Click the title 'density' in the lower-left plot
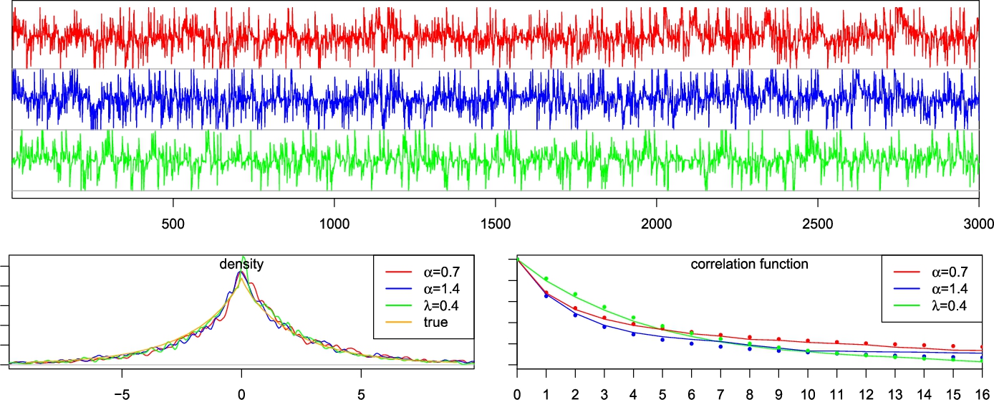coord(242,265)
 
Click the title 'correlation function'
coord(749,265)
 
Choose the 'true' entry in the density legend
coord(435,323)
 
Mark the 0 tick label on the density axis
coord(242,393)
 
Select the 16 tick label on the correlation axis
coord(978,393)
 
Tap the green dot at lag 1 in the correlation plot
coord(546,279)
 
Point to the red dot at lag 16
coord(979,347)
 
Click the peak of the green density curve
coord(243,257)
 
